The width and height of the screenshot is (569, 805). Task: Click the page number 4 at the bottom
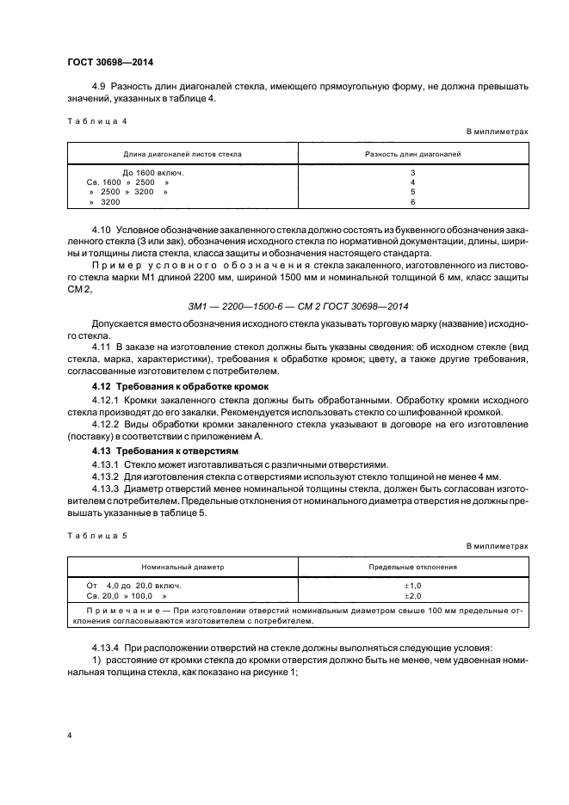point(69,735)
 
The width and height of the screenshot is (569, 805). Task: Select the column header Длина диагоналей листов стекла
point(182,154)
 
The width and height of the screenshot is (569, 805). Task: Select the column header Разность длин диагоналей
point(413,154)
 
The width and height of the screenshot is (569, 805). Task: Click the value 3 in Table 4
point(413,172)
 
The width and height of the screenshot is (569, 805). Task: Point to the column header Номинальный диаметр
point(182,568)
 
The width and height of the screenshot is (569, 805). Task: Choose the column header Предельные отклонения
point(413,568)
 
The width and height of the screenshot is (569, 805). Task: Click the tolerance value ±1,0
point(413,585)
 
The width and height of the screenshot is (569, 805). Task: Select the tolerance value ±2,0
point(413,595)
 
